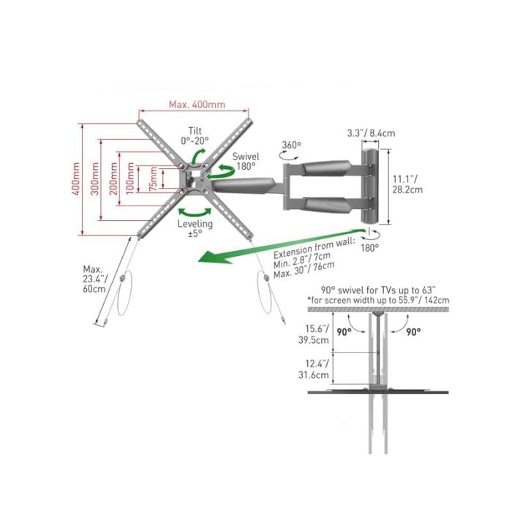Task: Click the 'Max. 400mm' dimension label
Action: [x=197, y=105]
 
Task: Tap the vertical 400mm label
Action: [x=76, y=179]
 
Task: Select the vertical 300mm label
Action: [x=94, y=179]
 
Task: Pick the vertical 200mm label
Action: [x=113, y=179]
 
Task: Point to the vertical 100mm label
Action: [x=130, y=178]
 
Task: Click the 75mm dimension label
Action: [x=153, y=179]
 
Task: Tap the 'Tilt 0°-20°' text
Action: [x=195, y=136]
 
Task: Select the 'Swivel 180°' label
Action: [x=246, y=162]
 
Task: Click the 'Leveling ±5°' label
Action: [x=195, y=228]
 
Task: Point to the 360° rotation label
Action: [x=292, y=145]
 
